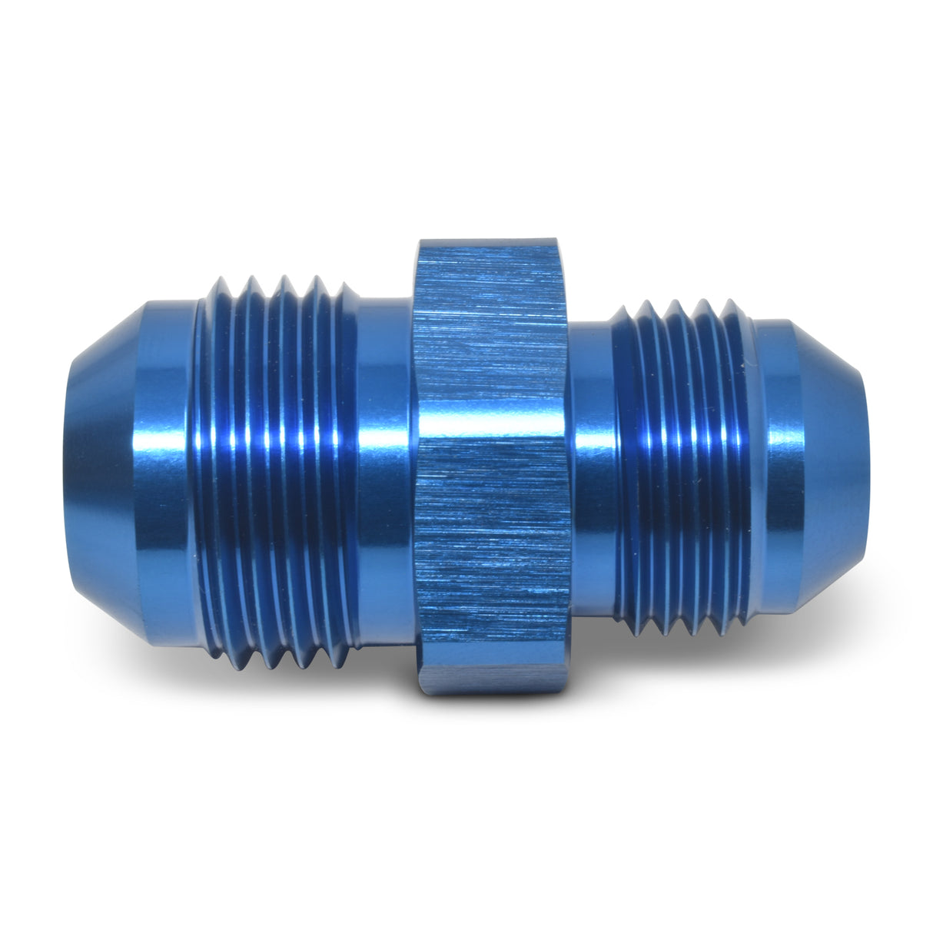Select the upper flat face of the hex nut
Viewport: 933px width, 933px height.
coord(492,338)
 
